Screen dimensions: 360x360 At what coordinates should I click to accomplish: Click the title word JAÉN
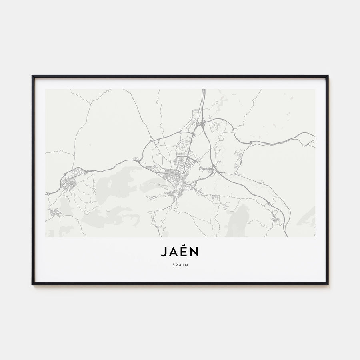pyautogui.click(x=180, y=252)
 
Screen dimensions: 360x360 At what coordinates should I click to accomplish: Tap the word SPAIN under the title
pyautogui.click(x=180, y=264)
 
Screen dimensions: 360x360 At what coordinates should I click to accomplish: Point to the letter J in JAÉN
pyautogui.click(x=164, y=252)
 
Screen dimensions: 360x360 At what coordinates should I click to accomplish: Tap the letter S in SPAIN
pyautogui.click(x=173, y=264)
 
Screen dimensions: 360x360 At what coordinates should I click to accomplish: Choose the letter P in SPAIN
pyautogui.click(x=176, y=264)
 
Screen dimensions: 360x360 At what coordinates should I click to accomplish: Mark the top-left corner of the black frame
pyautogui.click(x=32, y=76)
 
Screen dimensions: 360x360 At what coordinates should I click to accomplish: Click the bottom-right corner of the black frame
pyautogui.click(x=328, y=284)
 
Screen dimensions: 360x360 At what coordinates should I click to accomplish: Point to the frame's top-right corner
pyautogui.click(x=328, y=76)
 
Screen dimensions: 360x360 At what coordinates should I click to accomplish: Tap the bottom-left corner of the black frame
pyautogui.click(x=32, y=284)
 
